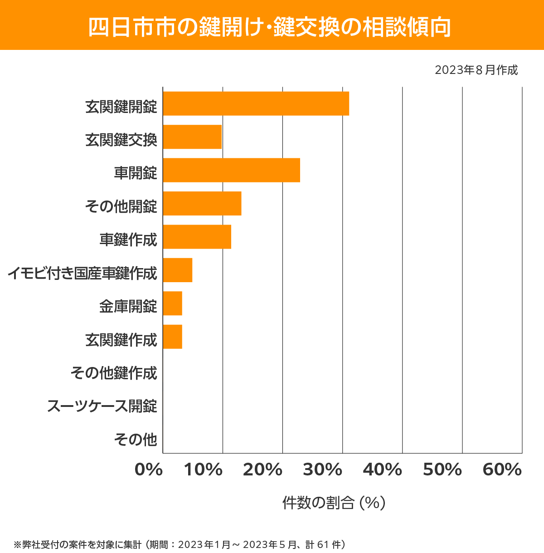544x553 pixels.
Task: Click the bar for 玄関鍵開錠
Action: pos(256,103)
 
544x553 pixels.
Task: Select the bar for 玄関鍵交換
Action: pos(192,137)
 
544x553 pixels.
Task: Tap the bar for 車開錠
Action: pos(231,170)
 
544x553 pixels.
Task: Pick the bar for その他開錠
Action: pos(202,203)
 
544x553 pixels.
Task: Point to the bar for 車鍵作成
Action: pos(197,236)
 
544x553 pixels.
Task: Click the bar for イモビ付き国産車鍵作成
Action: pos(177,270)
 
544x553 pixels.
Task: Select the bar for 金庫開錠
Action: pos(172,303)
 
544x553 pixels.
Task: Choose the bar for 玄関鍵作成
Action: pos(172,337)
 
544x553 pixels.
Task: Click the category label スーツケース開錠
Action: pos(102,406)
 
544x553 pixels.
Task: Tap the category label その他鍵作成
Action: pos(114,373)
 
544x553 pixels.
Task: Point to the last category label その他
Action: pos(136,439)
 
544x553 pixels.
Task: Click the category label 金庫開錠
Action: pos(128,306)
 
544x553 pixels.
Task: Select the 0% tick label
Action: pos(149,470)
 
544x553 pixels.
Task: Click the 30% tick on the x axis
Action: pos(322,470)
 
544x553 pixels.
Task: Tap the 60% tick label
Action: pos(502,470)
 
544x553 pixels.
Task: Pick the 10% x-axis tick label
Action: pos(203,470)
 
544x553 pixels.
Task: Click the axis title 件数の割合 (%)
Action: pos(334,503)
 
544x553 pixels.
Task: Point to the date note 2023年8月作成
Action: pos(476,70)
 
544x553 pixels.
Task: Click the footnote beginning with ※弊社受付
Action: pos(180,544)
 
